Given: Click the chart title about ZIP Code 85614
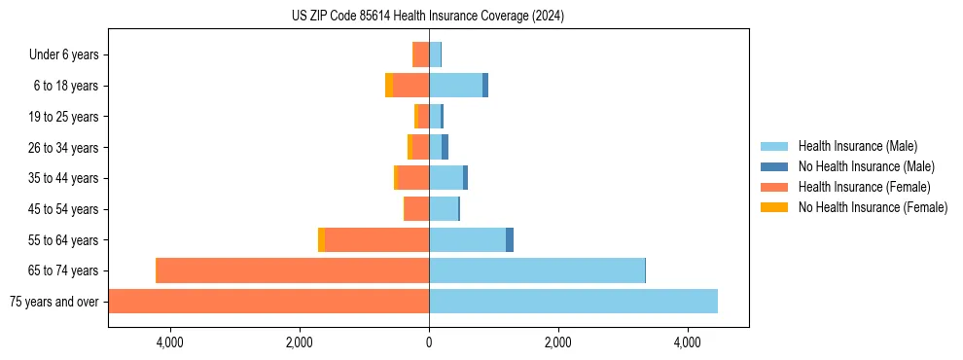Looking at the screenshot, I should (x=427, y=17).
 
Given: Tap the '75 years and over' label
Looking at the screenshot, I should (x=53, y=302).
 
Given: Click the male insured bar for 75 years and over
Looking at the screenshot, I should (x=573, y=302).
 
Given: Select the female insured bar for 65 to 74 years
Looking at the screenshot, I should (x=293, y=270).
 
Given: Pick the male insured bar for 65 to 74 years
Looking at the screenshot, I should (x=537, y=270).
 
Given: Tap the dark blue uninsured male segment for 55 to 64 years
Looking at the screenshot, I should (x=510, y=240).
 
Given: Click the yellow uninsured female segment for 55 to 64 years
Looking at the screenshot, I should (x=322, y=240).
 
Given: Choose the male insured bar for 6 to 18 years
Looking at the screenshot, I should (x=455, y=86).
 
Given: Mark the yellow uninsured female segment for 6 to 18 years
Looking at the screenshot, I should (x=389, y=86).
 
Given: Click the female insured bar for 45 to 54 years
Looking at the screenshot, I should (x=416, y=209).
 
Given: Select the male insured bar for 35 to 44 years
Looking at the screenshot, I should (x=446, y=178).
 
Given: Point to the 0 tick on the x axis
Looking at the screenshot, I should (x=429, y=342).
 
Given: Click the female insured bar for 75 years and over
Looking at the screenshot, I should (x=268, y=302).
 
